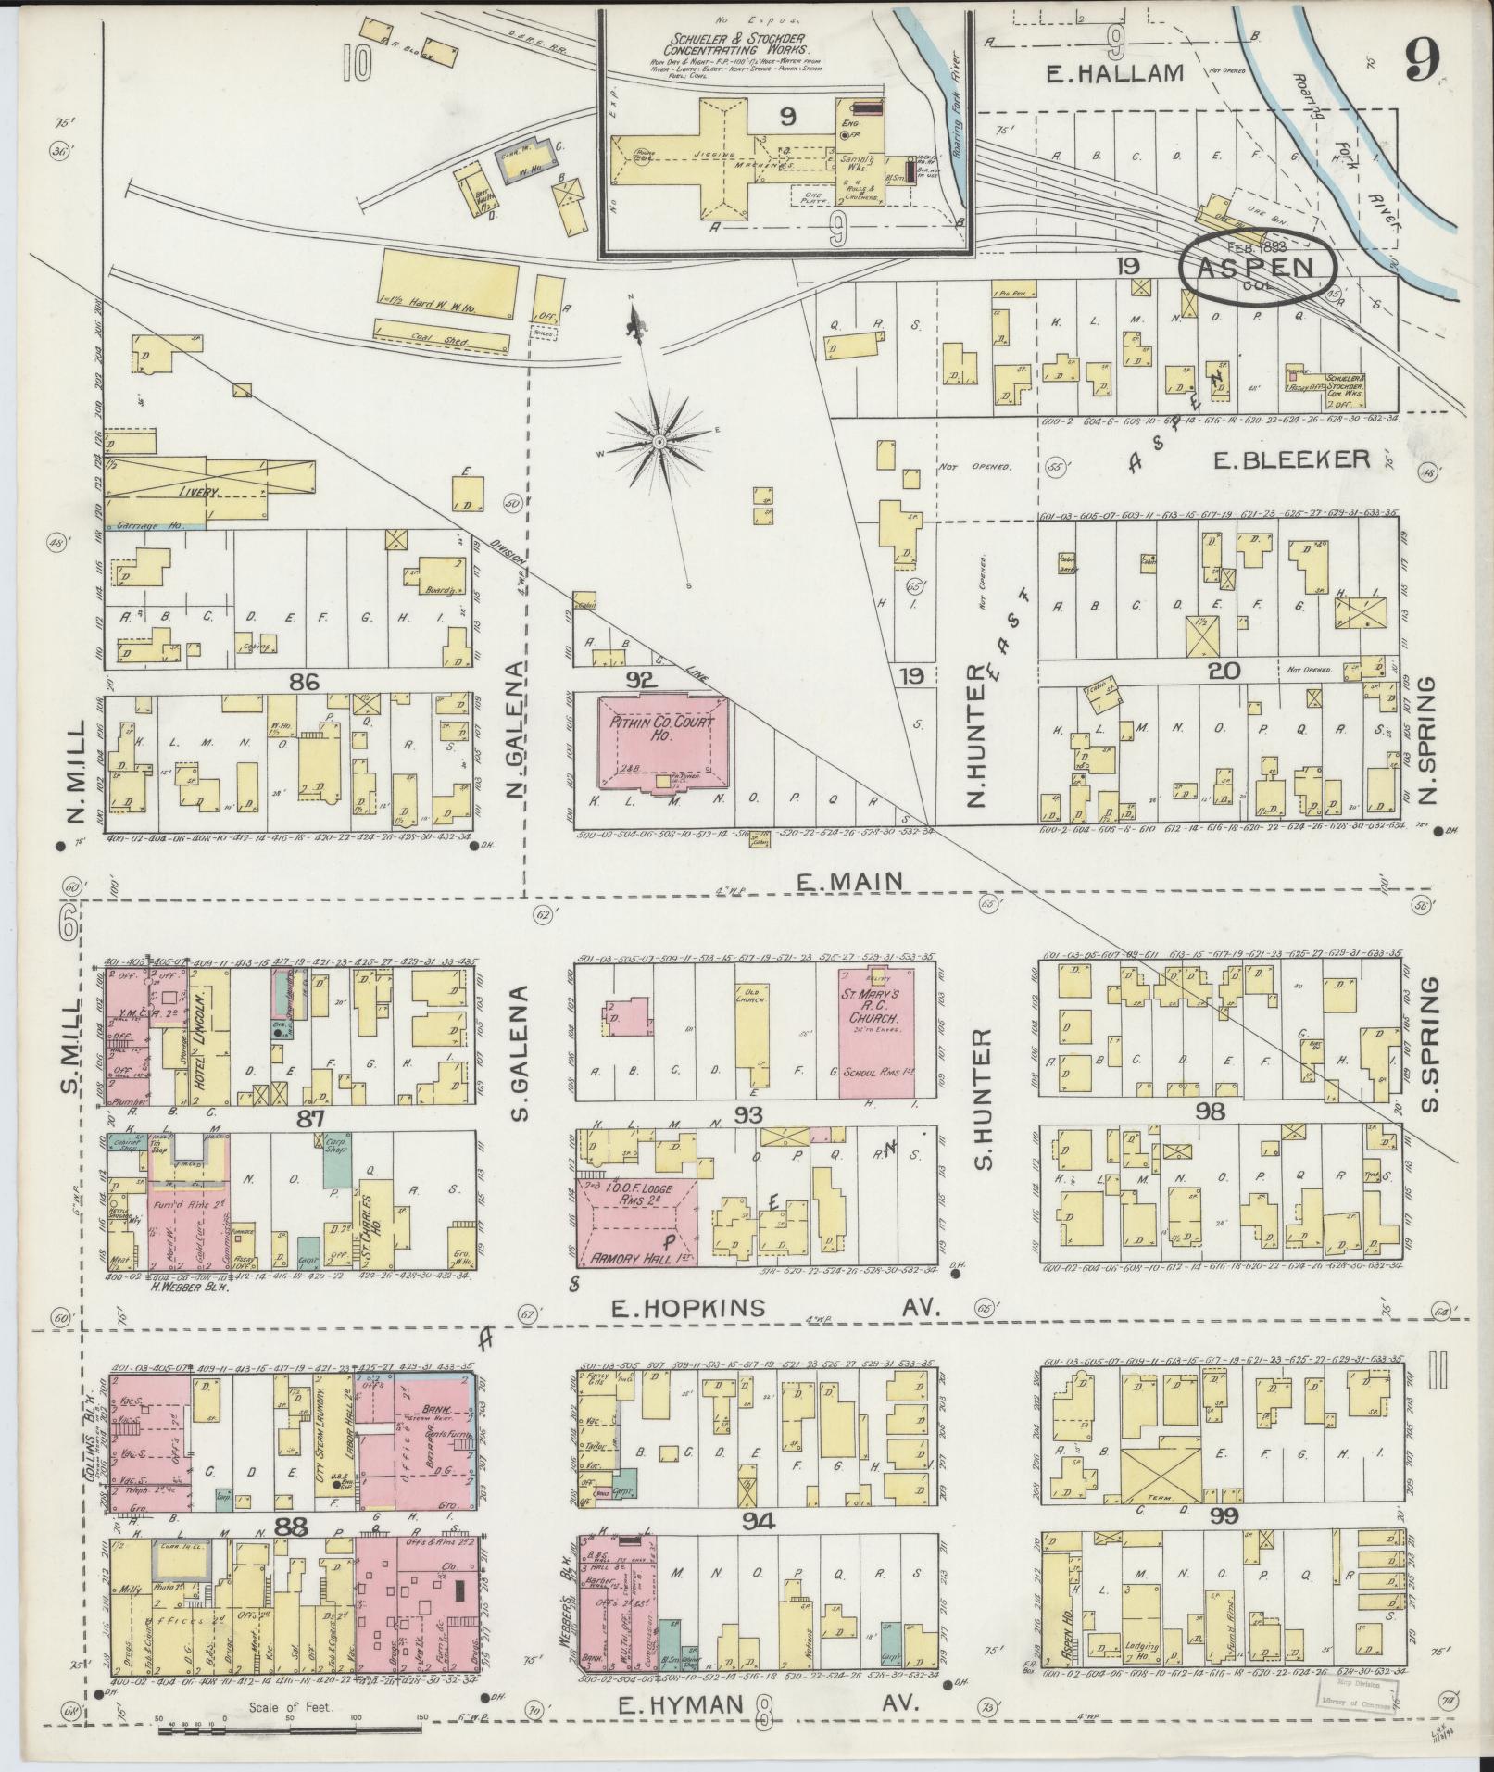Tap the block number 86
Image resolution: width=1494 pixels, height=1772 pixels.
click(x=304, y=683)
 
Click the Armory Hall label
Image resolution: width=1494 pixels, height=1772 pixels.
click(x=635, y=1260)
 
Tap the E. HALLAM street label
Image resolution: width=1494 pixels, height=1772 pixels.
click(x=1114, y=73)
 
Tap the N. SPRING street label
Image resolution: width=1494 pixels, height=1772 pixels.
click(x=1425, y=740)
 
